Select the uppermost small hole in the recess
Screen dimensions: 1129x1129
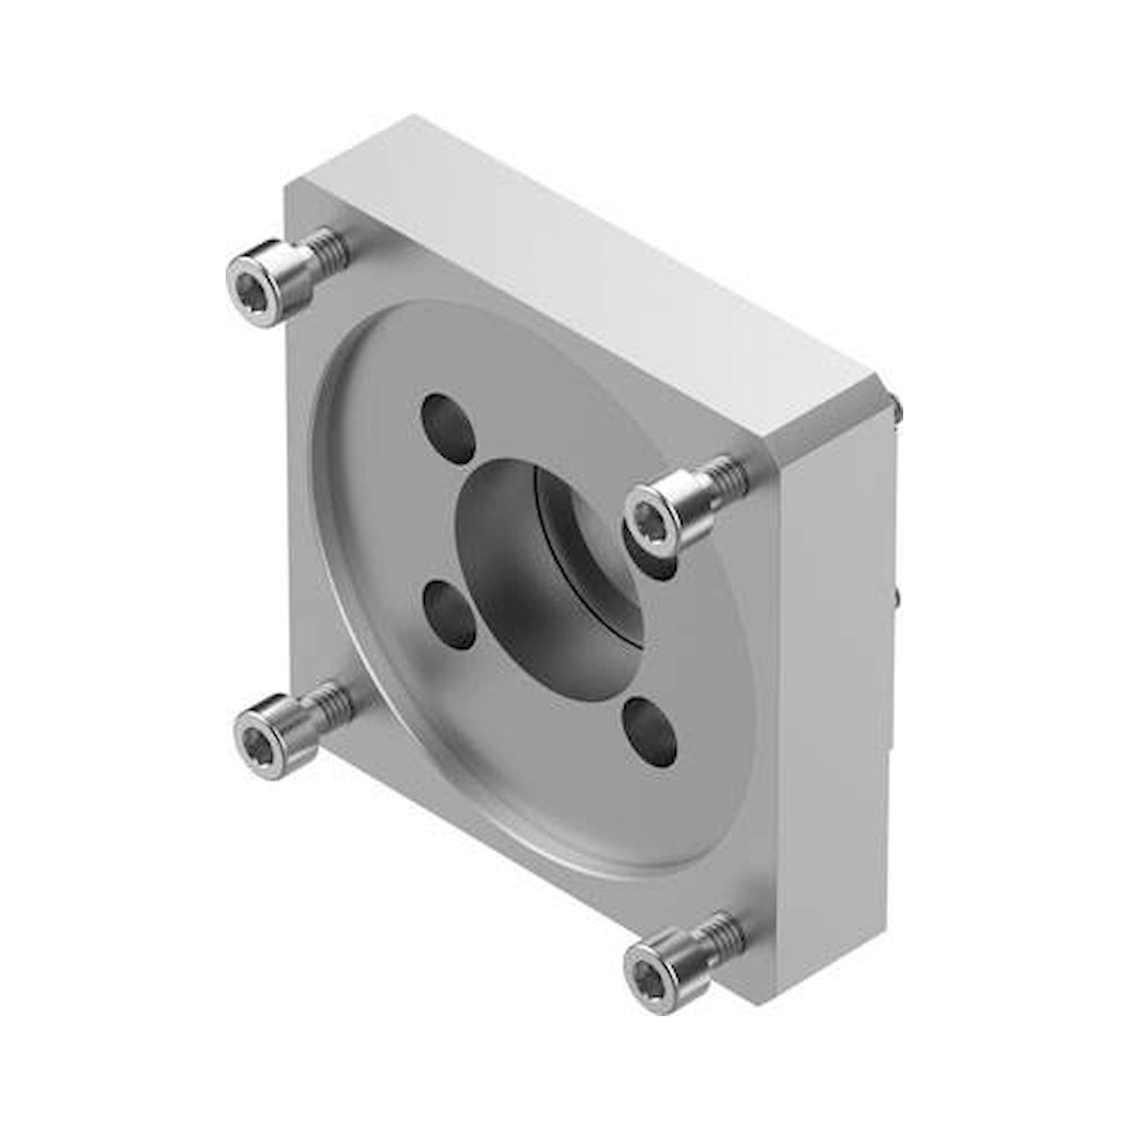(x=448, y=427)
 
